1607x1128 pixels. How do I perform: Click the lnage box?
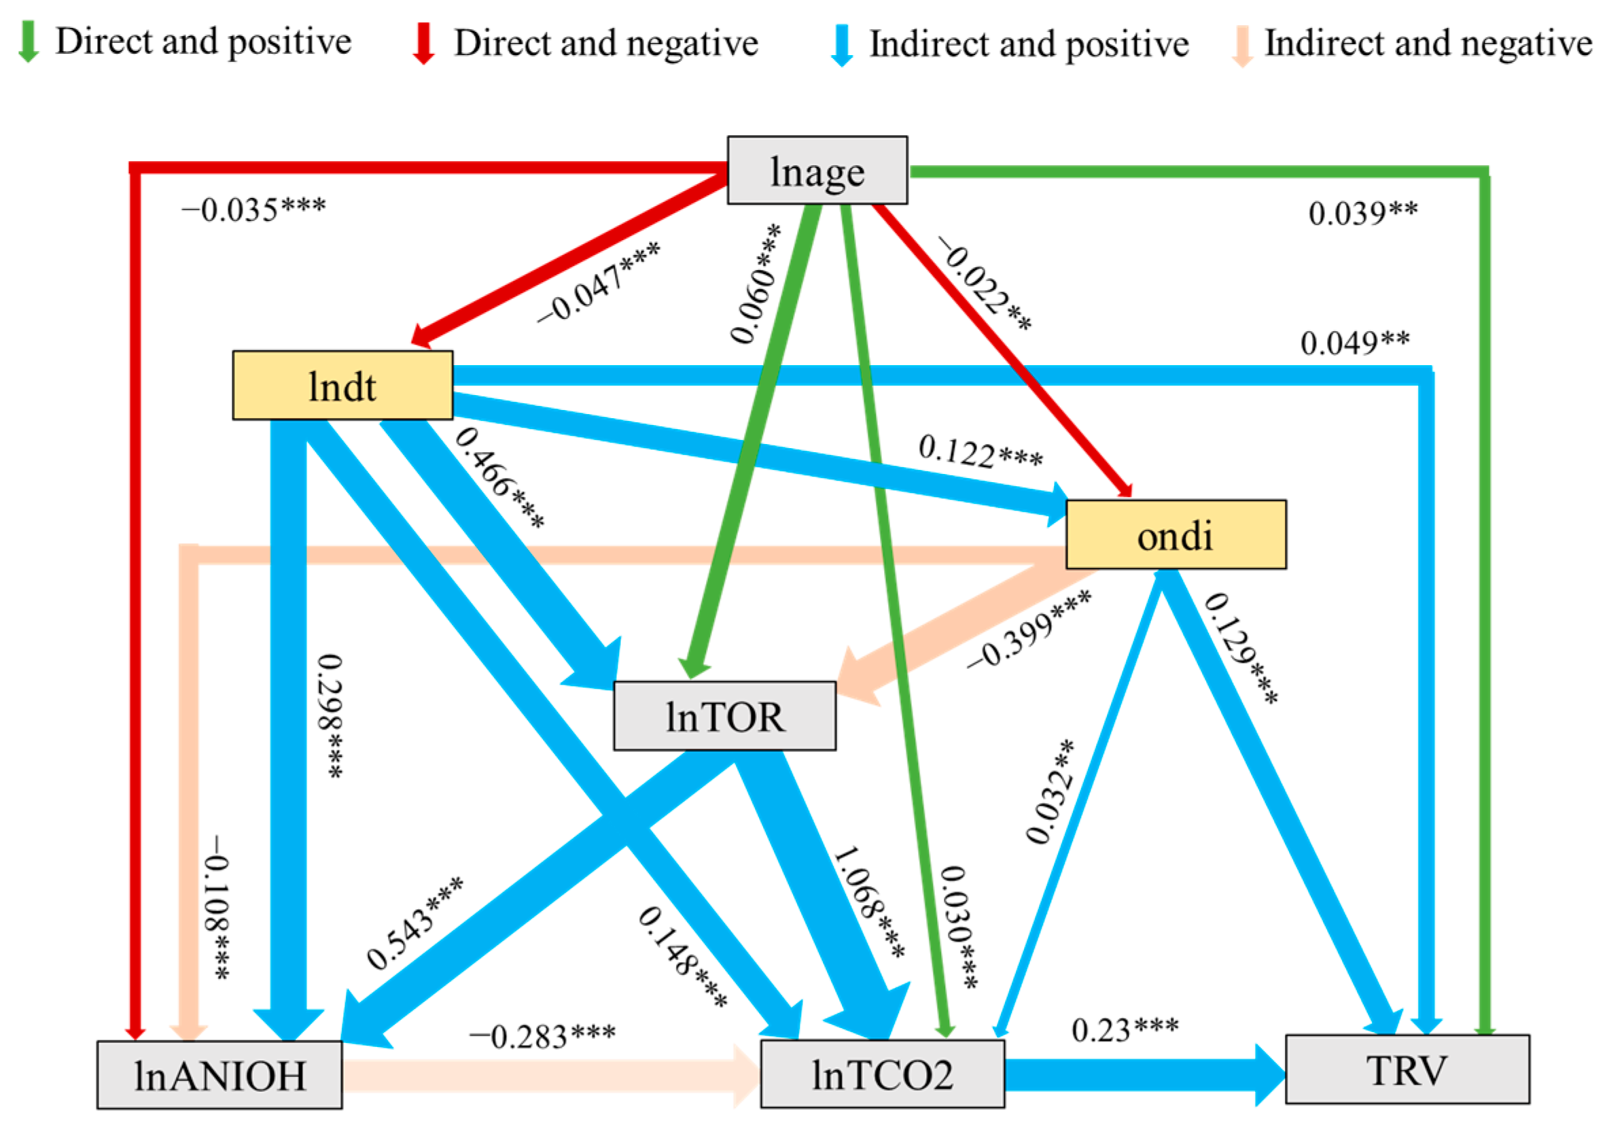817,170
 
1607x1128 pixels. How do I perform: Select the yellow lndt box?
342,386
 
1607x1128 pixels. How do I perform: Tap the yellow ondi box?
1175,535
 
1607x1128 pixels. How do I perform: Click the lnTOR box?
724,716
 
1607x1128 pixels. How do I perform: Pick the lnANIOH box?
219,1075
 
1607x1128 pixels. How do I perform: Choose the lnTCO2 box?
882,1074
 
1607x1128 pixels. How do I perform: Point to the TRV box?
1407,1069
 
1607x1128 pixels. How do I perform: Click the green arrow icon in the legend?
28,41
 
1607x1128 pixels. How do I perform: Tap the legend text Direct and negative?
605,43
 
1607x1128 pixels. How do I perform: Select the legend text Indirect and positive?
1028,44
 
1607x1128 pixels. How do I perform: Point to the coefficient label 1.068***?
868,902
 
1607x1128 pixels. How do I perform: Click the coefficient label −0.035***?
253,209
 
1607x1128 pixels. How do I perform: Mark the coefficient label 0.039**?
1363,213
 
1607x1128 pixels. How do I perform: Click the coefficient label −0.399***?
1028,630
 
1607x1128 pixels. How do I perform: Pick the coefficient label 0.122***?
980,451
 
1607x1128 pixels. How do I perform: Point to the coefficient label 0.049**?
1354,343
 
